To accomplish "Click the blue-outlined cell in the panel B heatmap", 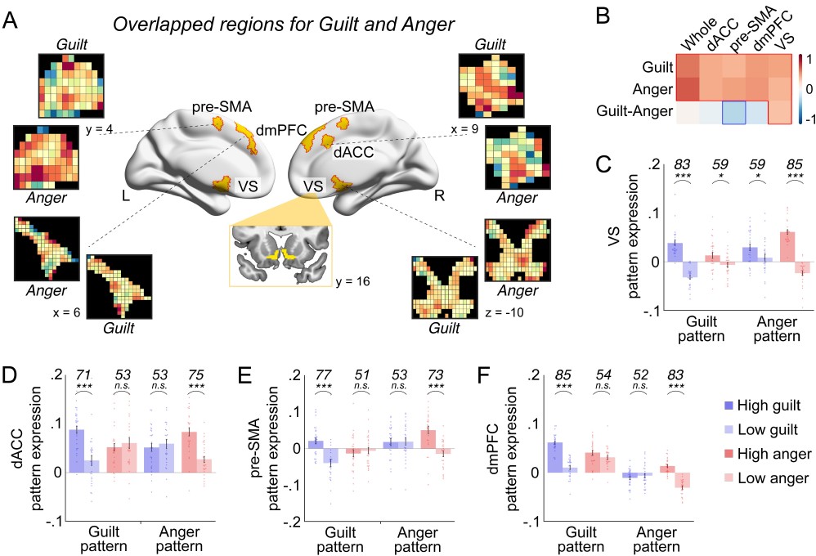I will (x=738, y=113).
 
